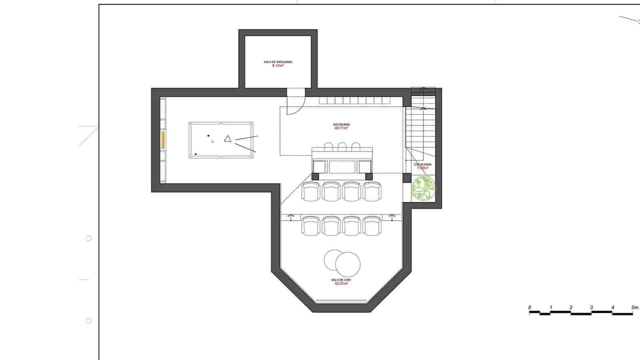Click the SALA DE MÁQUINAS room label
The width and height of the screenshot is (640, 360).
coord(278,62)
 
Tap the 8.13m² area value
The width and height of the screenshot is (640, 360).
coord(278,66)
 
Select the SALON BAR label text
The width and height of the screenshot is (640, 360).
coord(341,125)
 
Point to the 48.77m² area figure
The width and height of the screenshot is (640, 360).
coord(341,128)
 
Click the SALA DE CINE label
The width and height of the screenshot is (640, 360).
coord(341,280)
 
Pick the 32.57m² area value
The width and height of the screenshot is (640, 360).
coord(341,284)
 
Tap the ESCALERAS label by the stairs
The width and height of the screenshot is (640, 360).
coord(423,164)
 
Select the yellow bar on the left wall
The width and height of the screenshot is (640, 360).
coord(163,140)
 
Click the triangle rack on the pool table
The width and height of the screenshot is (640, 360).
coord(228,139)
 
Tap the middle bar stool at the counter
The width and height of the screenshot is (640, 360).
coord(342,146)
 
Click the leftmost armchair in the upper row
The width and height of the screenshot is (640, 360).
coord(311,191)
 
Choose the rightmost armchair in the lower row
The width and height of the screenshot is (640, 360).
coord(372,226)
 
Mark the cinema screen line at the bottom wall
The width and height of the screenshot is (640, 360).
coord(341,300)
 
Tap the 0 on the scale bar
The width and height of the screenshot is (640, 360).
coord(530,308)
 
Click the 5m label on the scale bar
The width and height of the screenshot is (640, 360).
coord(634,308)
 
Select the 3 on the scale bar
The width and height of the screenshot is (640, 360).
coord(591,308)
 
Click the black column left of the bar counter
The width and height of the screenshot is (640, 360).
coord(316,176)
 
